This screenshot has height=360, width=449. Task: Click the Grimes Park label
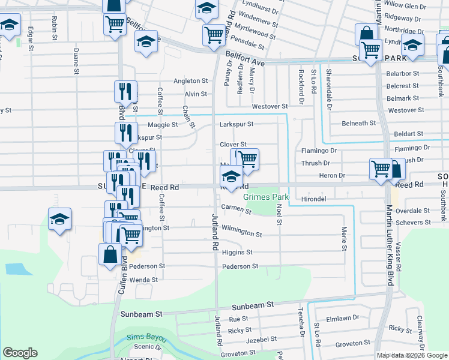point(265,197)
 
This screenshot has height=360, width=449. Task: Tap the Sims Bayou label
point(146,338)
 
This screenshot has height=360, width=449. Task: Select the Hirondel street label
point(313,197)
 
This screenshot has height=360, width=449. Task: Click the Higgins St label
point(237,253)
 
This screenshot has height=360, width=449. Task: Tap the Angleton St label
point(190,81)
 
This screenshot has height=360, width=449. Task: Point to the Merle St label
point(345,238)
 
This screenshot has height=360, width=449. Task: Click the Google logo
point(20,353)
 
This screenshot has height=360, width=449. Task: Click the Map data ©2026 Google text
point(411,355)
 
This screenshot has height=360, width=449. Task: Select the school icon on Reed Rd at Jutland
point(231,177)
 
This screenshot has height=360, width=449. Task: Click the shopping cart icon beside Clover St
point(246,159)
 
